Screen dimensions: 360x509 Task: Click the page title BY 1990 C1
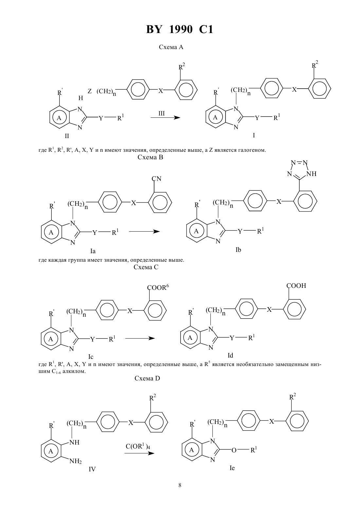coord(180,29)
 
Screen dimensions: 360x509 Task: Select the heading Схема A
coord(171,47)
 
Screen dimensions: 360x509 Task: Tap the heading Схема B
coord(150,157)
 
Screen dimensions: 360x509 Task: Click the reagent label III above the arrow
coord(161,113)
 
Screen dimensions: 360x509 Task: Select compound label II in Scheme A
coord(67,136)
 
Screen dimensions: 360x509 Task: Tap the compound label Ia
coord(93,251)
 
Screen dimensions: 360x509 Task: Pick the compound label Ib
coord(238,250)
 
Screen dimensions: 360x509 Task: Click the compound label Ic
coord(91,357)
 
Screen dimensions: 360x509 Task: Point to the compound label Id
coord(230,355)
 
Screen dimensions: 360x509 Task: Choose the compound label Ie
coord(232,468)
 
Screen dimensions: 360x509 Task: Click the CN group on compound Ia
coord(156,179)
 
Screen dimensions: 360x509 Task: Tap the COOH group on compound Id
coord(296,286)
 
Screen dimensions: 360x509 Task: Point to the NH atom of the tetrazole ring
coord(311,174)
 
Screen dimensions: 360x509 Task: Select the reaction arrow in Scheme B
coord(144,232)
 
